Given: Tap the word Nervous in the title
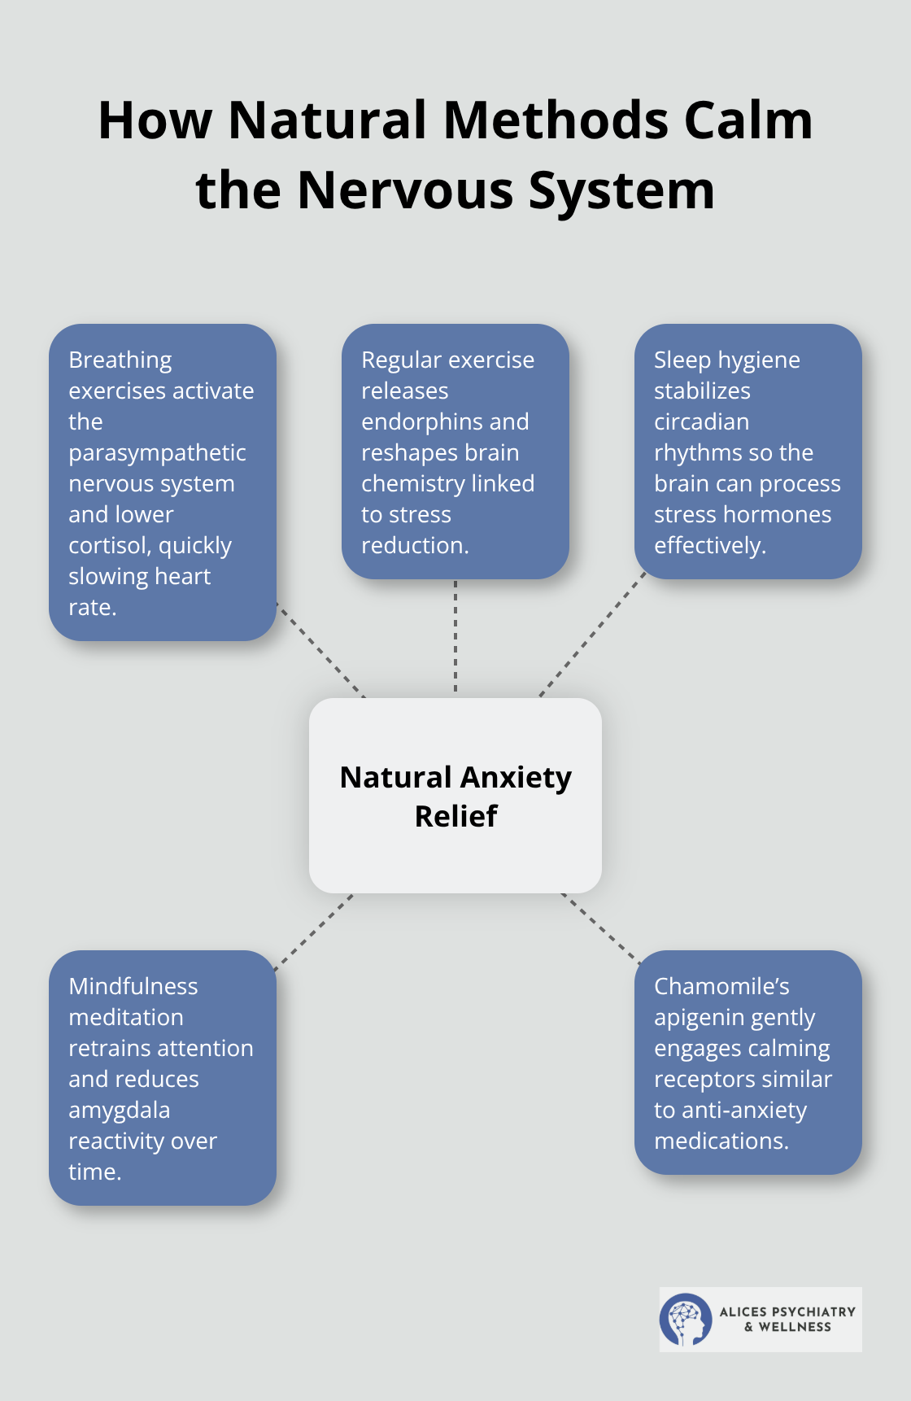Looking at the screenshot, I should tap(405, 190).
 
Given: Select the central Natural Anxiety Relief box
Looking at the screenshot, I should tap(455, 796).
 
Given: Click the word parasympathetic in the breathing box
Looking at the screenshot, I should tap(157, 453).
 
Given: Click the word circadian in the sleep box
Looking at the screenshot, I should tap(701, 422).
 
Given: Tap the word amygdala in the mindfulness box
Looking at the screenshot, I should tap(119, 1111).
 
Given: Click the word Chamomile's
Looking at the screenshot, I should tap(721, 987).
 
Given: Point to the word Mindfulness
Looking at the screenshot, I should tap(133, 987).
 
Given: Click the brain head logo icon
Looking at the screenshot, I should tap(685, 1320).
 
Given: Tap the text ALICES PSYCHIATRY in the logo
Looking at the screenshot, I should tap(787, 1312).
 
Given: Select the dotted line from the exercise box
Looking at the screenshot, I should tap(455, 637).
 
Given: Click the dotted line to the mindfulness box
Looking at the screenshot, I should tap(314, 932).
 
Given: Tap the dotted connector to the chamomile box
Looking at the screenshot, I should tap(600, 928).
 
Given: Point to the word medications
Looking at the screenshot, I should tap(721, 1141).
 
